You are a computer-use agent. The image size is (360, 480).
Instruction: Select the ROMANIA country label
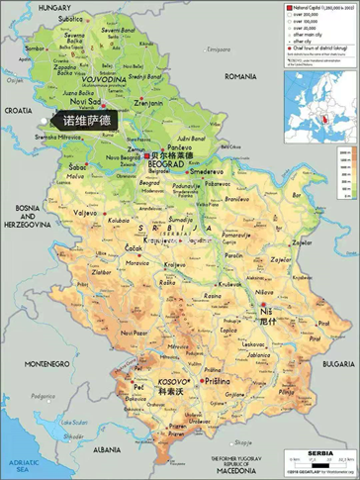pos(239,75)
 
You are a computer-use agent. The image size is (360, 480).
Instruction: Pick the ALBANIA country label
pos(93,448)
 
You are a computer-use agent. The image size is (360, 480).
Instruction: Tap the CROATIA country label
pos(17,111)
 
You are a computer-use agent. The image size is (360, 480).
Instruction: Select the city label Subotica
pos(71,19)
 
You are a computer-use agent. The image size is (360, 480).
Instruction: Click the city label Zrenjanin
pos(148,102)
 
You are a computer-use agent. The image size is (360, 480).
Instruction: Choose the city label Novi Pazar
pos(135,334)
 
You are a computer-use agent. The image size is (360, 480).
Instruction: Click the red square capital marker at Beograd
pos(147,155)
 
